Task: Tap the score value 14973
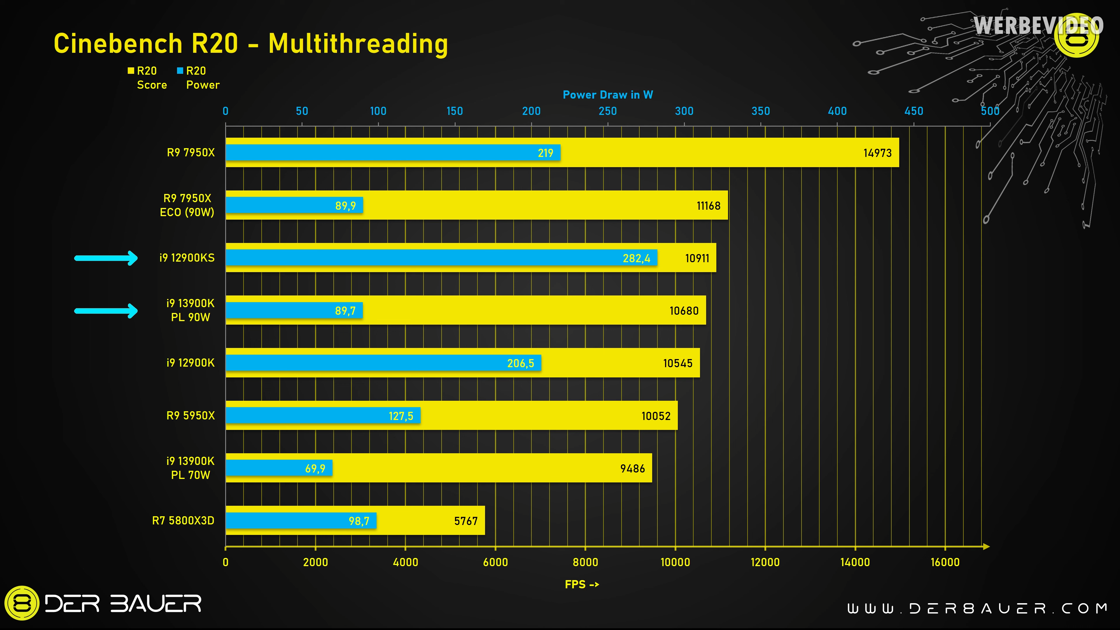click(877, 153)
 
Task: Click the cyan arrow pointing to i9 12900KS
click(106, 258)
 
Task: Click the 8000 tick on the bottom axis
click(585, 562)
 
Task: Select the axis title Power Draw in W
click(607, 95)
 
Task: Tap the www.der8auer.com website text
click(977, 608)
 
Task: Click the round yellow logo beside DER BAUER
click(22, 603)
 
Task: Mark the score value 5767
click(466, 521)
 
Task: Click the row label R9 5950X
click(190, 416)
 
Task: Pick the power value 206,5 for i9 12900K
click(520, 363)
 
